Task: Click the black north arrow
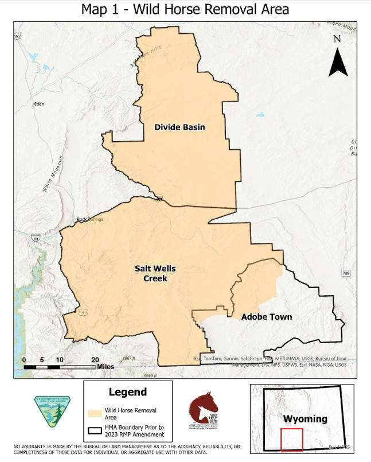[x=338, y=64]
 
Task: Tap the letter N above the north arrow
[x=337, y=39]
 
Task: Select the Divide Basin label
[x=179, y=127]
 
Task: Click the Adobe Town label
[x=266, y=317]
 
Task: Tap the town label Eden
[x=39, y=104]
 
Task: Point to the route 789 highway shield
[x=346, y=273]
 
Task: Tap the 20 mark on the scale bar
[x=95, y=359]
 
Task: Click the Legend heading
[x=127, y=393]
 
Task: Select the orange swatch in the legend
[x=95, y=413]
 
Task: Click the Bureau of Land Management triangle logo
[x=52, y=411]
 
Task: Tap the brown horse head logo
[x=204, y=408]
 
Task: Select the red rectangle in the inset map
[x=291, y=440]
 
